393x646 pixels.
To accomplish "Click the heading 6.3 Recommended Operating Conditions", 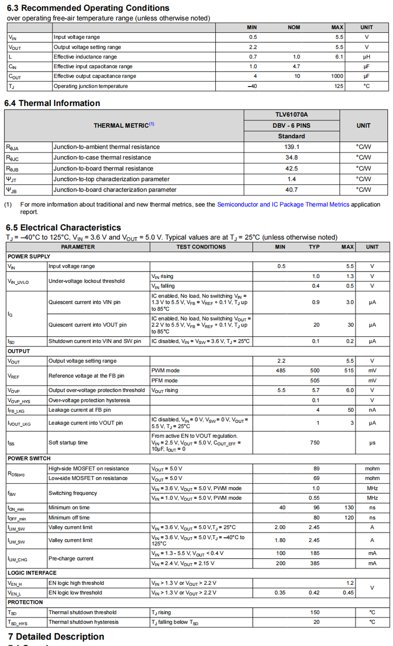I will (x=88, y=8).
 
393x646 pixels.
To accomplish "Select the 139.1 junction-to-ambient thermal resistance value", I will (x=292, y=147).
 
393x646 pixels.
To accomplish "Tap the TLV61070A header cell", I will (x=292, y=114).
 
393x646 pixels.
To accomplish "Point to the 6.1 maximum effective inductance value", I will (x=339, y=57).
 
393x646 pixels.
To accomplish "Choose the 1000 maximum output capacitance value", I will (x=337, y=76).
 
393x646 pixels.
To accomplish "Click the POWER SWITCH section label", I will (x=29, y=459).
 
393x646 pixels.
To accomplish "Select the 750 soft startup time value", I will (x=314, y=443).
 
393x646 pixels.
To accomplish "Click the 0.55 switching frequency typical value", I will (x=314, y=498).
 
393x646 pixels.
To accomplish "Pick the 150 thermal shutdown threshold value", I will (x=315, y=612).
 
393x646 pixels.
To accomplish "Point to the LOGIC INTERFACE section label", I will (x=32, y=573).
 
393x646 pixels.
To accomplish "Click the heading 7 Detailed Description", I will (x=56, y=637).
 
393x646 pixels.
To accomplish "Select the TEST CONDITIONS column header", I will (x=201, y=247).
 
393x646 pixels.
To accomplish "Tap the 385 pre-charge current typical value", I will (x=314, y=563).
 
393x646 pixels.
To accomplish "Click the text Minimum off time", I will (x=69, y=518).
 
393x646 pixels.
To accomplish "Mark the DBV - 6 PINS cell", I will (x=292, y=125).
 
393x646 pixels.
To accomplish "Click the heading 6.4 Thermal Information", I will (x=52, y=103).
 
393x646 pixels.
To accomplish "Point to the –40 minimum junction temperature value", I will (x=253, y=86).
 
